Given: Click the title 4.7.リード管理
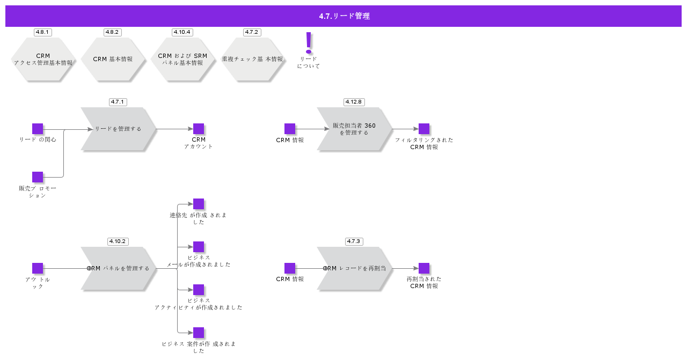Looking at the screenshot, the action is point(344,16).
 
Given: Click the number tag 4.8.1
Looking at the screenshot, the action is point(42,32).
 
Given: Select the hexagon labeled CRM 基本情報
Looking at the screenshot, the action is point(113,59).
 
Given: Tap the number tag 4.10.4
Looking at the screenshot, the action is point(182,32).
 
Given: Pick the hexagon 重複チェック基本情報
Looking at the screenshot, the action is point(252,59).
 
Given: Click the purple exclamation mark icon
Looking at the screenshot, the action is point(309,43).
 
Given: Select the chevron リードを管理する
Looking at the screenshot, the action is point(119,129).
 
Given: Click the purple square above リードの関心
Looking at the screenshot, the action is point(38,129).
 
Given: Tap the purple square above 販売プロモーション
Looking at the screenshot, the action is point(38,177).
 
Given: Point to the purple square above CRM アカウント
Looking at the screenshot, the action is point(199,129).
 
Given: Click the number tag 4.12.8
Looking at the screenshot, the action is point(354,102).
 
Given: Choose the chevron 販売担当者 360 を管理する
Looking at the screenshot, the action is point(355,129).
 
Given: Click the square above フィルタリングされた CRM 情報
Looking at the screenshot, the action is point(424,129).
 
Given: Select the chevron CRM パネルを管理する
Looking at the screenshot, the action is point(119,268).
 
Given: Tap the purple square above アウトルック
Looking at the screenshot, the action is point(38,268).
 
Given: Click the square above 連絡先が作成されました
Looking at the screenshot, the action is point(199,204).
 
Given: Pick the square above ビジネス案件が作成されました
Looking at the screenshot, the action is point(199,333).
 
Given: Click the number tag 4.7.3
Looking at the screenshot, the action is point(354,241).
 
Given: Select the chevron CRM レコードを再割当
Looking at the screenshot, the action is point(355,268).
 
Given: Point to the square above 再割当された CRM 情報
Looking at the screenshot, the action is point(424,268).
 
